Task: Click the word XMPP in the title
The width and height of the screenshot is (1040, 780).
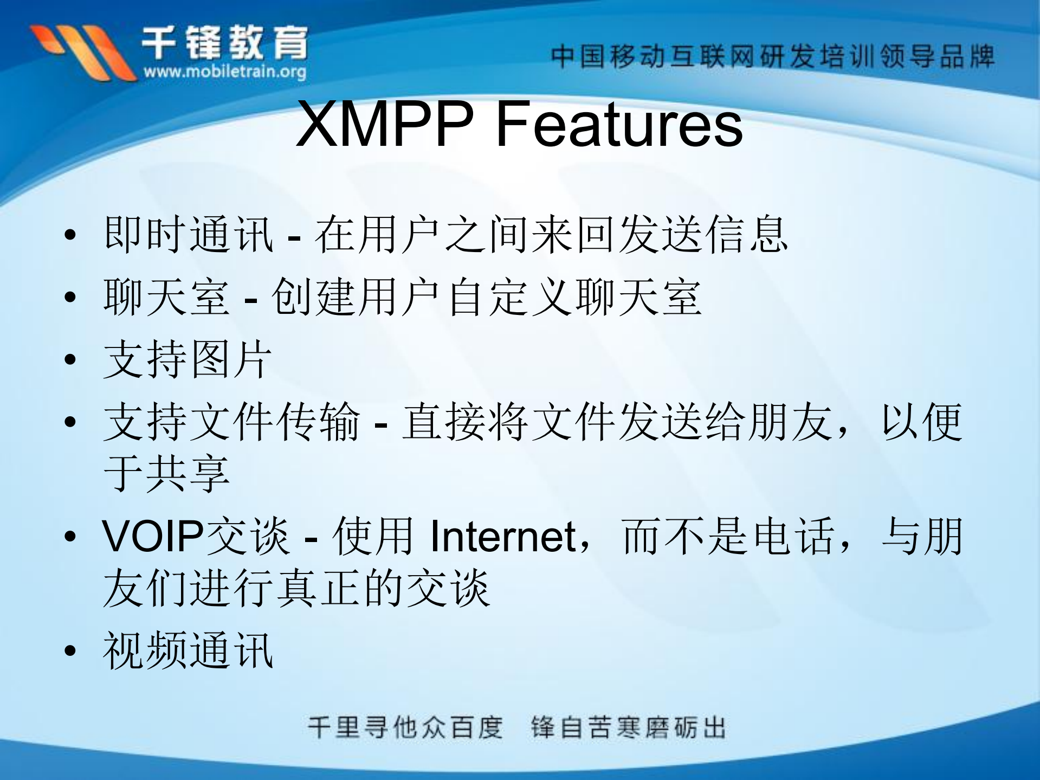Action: (385, 125)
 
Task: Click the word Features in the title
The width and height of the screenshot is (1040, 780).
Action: (619, 125)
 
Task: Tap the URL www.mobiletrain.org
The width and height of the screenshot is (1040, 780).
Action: (224, 72)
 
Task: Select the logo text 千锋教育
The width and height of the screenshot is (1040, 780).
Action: (224, 42)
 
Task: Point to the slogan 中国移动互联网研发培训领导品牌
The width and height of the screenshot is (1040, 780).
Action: (772, 56)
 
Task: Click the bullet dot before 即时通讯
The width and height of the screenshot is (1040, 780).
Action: (70, 235)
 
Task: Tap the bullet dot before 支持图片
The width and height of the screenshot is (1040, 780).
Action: (70, 359)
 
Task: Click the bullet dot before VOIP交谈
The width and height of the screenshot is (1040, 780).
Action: (70, 537)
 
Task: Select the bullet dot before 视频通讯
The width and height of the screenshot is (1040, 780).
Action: (70, 650)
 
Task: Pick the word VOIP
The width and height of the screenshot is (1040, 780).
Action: (153, 537)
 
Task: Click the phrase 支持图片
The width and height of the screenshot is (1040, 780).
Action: (188, 359)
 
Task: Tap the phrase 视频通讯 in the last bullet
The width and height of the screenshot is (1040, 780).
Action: (188, 650)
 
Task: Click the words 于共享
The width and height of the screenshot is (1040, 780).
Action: (166, 474)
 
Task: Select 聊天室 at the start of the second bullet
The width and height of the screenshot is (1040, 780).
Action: (166, 297)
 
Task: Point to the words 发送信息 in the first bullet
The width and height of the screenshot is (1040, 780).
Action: (703, 235)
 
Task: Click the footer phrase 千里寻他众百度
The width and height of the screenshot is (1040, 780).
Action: (405, 727)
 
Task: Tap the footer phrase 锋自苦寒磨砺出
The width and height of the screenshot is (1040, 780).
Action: (628, 727)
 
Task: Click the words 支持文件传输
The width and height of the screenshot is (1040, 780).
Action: (231, 422)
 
